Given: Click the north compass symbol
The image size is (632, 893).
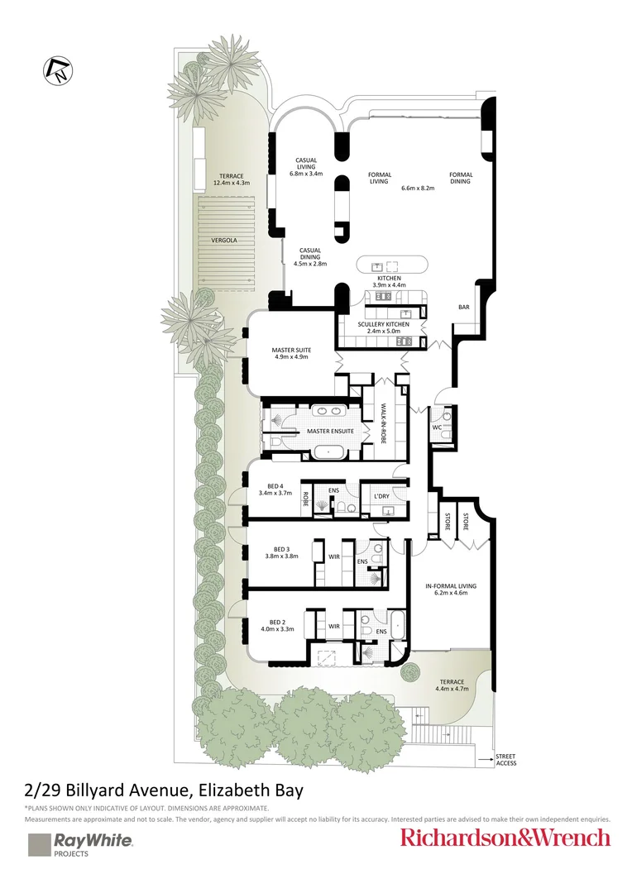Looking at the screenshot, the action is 58,71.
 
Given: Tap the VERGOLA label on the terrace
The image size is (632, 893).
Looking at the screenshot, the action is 224,241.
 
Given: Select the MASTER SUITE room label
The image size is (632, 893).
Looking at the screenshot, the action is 291,351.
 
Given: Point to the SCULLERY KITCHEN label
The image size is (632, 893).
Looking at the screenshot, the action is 384,324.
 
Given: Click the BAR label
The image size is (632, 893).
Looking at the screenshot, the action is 464,307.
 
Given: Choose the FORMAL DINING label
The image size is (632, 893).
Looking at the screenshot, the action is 461,179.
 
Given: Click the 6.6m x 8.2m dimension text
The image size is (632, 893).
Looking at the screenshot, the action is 418,188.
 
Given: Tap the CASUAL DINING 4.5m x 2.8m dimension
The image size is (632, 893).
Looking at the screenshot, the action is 310,264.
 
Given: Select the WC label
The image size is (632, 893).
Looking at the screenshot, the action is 437,427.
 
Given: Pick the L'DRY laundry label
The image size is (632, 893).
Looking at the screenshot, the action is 381,496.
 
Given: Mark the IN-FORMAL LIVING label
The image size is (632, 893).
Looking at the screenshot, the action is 451,585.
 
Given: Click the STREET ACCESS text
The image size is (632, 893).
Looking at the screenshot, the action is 505,760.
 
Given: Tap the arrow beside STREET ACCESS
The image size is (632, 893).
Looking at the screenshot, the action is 485,759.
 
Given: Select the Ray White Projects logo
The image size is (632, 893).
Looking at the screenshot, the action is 80,844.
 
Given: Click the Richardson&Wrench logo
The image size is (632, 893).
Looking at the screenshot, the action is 505,838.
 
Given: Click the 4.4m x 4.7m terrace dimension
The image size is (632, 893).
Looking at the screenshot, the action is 452,689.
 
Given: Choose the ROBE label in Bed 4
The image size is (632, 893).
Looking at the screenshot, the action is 306,499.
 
